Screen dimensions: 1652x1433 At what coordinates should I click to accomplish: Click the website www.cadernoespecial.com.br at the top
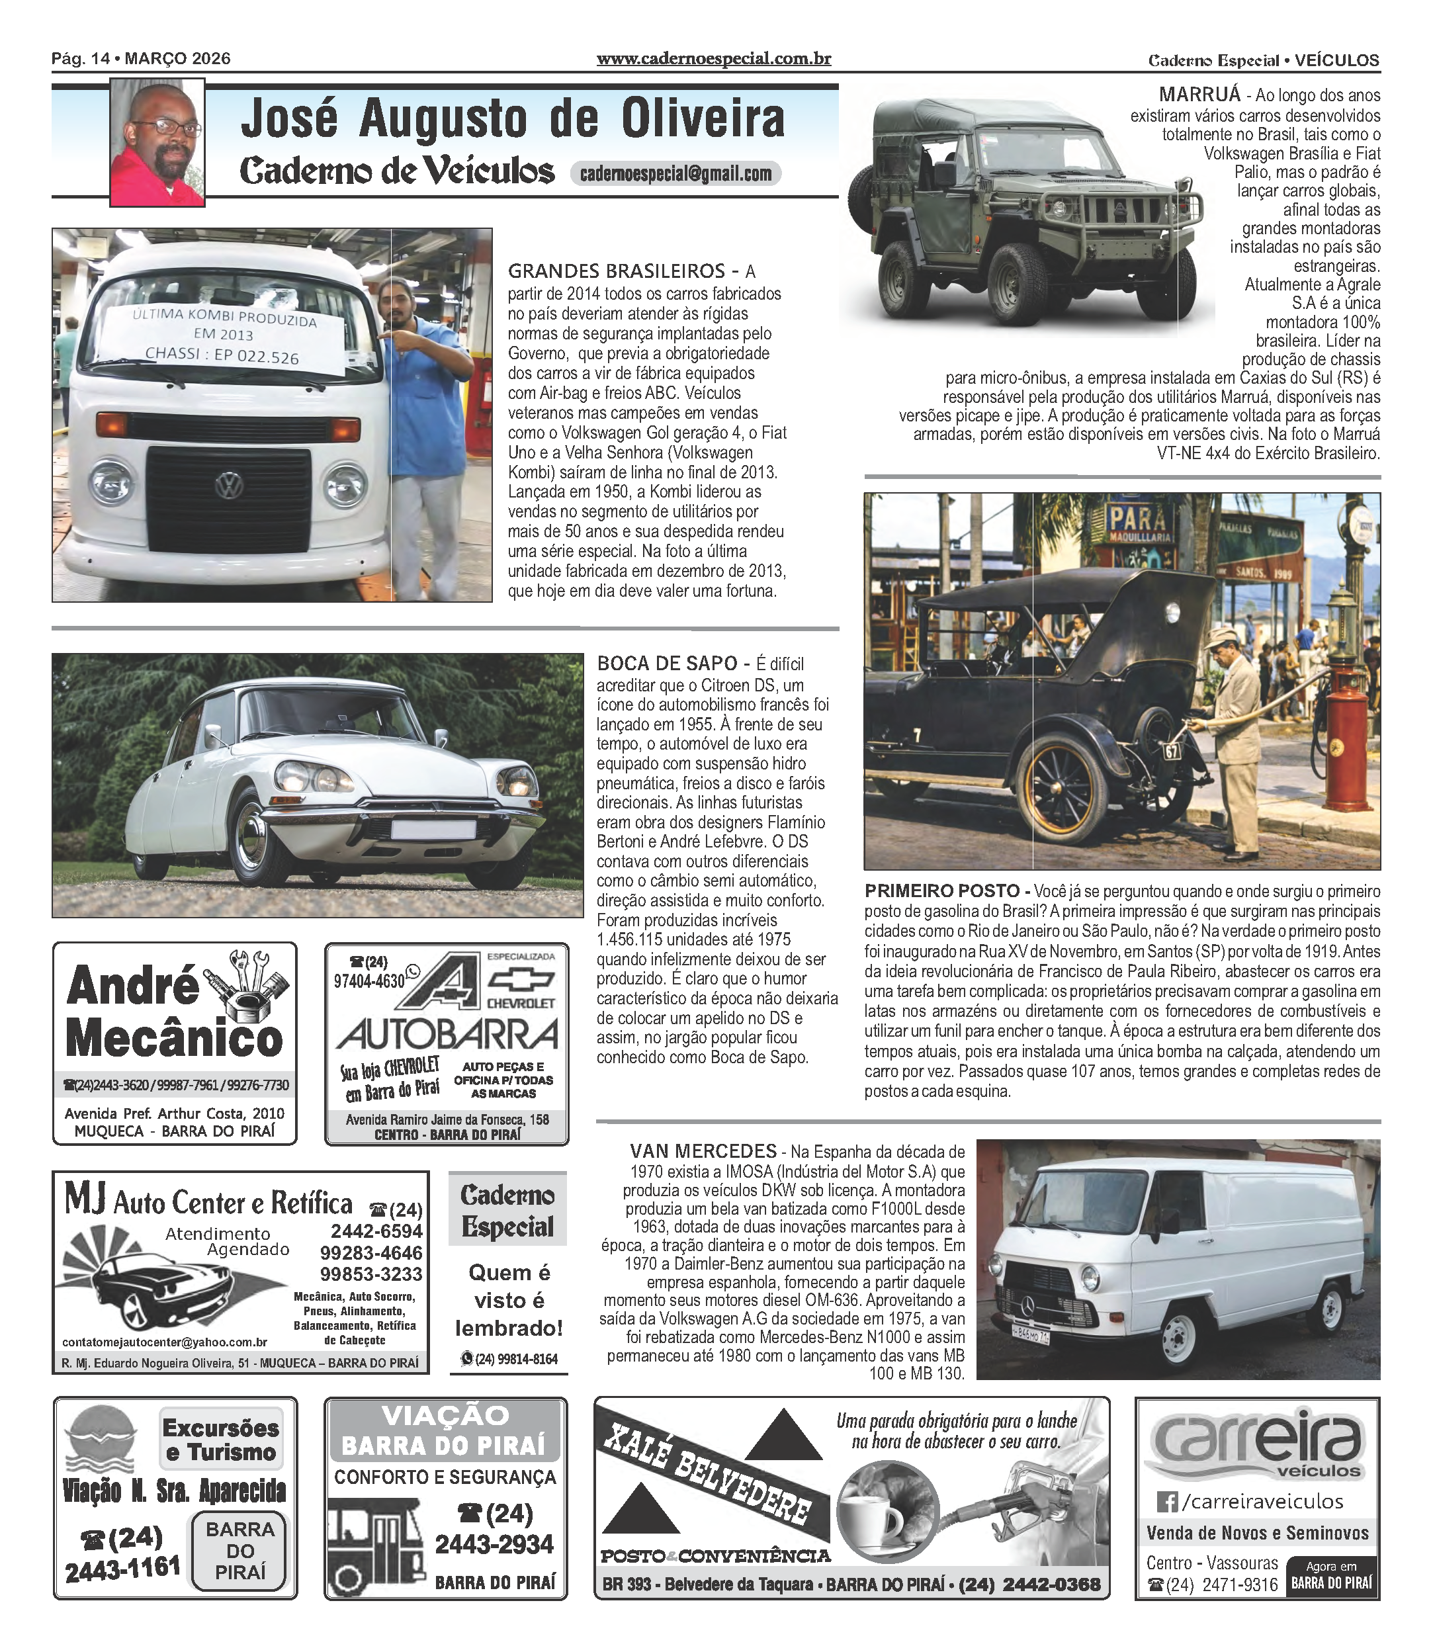tap(713, 58)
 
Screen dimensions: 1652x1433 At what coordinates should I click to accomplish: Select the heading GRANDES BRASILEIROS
tap(616, 271)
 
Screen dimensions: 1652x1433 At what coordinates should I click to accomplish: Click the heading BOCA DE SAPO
tap(667, 663)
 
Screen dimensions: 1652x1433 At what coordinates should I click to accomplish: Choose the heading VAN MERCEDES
tap(703, 1151)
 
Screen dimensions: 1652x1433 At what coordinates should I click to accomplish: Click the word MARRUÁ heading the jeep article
tap(1199, 95)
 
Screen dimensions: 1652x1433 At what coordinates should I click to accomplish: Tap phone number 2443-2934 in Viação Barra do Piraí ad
tap(494, 1544)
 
